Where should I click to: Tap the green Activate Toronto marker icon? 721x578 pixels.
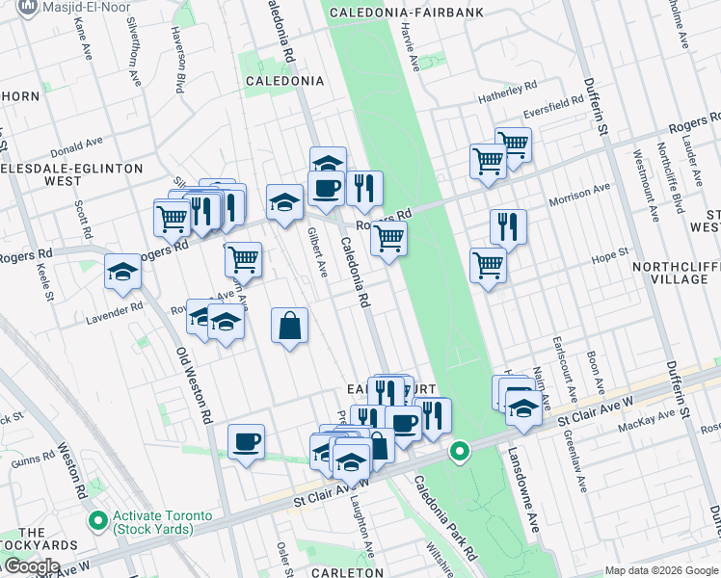97,522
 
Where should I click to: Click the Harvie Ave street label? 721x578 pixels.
414,45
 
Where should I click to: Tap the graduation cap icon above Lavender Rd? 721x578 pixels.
123,272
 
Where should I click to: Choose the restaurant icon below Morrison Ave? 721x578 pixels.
508,226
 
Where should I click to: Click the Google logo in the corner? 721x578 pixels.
31,566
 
